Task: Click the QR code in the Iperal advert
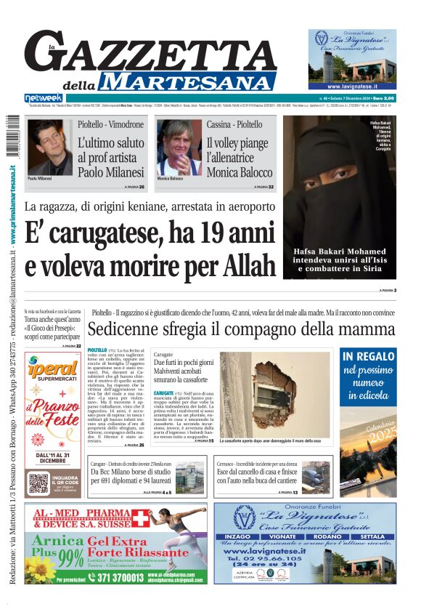(x=38, y=483)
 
